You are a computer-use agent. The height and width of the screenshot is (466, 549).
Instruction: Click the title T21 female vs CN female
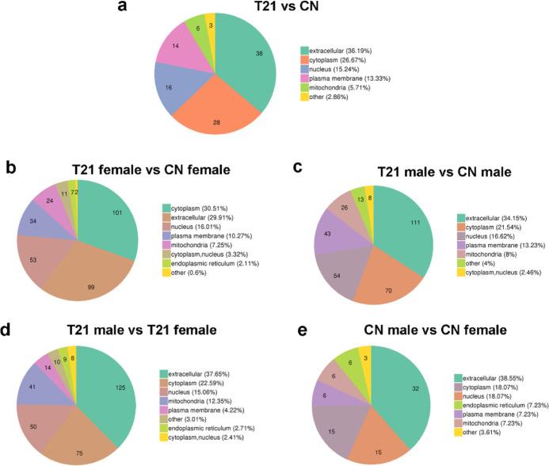tap(151, 169)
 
